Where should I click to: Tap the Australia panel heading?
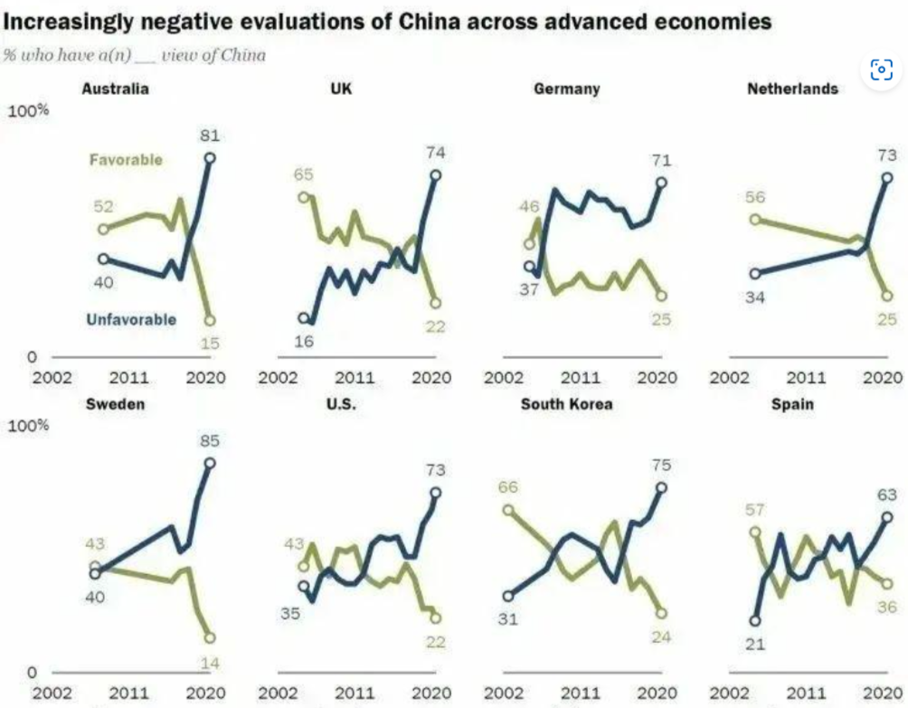[115, 89]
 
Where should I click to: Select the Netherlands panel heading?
[792, 89]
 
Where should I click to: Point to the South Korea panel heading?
[566, 404]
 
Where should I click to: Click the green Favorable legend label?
[126, 160]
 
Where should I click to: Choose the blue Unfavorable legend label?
[131, 319]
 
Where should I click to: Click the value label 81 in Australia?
[210, 136]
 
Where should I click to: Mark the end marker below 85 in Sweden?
[210, 463]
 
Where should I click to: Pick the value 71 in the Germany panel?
[661, 161]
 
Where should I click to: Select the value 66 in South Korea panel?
[508, 488]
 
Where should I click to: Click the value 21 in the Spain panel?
[755, 643]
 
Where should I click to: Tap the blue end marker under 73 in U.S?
[435, 493]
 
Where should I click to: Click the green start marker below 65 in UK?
[304, 196]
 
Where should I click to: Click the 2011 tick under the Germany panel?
[584, 377]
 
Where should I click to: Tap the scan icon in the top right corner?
[881, 70]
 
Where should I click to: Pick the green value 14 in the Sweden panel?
[210, 663]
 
